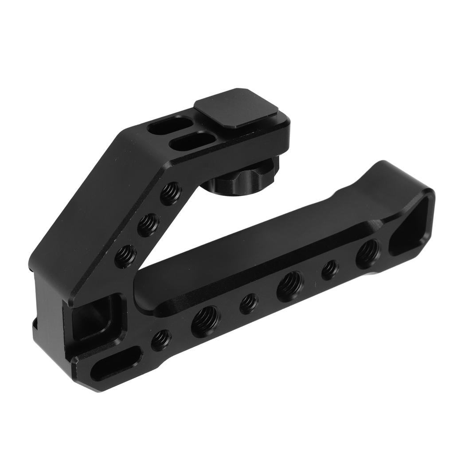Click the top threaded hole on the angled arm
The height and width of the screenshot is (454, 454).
pos(171,193)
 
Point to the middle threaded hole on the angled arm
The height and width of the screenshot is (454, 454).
pos(148,225)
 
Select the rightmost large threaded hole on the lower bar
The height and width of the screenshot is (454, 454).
pos(368,254)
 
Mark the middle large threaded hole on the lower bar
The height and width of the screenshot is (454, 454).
pos(290,286)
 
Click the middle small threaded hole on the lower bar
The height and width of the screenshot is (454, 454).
pos(249,304)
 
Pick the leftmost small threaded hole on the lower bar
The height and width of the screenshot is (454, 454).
pos(161,340)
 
